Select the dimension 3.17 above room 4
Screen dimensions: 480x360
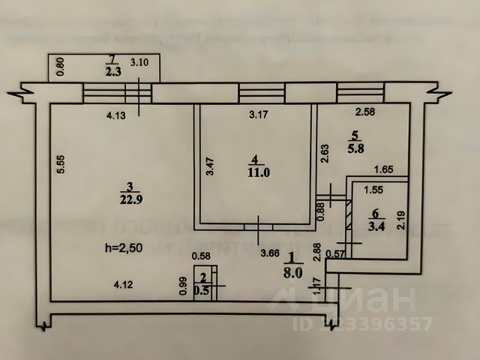pos(259,115)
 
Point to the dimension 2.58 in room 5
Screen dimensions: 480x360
pos(365,114)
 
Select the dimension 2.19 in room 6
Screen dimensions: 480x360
pos(401,220)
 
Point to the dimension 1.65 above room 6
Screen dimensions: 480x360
pos(384,170)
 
